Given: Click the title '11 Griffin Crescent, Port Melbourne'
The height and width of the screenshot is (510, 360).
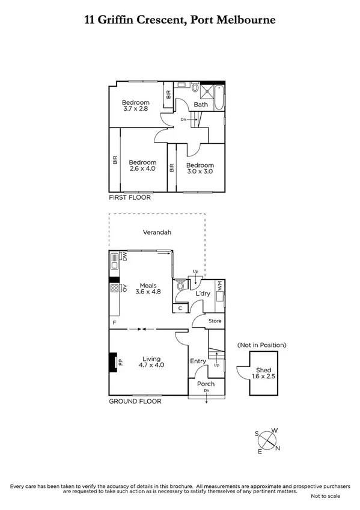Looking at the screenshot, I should [x=180, y=20].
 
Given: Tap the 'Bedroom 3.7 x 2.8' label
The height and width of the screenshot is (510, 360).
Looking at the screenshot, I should [x=135, y=105].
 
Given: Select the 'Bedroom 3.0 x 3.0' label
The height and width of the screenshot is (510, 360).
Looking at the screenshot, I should [x=200, y=168].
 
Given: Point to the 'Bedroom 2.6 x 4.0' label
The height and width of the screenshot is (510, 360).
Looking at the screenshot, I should [x=142, y=165].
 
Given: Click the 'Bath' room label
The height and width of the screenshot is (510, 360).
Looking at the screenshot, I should [x=200, y=104].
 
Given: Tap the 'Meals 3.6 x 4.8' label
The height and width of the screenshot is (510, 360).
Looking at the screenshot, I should [x=148, y=289].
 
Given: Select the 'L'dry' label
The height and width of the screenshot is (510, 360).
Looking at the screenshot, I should [x=203, y=293].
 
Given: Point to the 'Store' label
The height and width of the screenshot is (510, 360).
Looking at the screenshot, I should [x=215, y=321].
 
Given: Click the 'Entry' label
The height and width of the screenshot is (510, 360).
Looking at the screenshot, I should [x=198, y=361].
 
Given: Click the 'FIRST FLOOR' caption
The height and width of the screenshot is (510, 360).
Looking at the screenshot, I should [x=129, y=197].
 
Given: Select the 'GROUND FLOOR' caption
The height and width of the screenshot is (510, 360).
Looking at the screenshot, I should [x=135, y=401].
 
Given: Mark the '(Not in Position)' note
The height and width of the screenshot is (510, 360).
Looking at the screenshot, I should [x=261, y=345].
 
